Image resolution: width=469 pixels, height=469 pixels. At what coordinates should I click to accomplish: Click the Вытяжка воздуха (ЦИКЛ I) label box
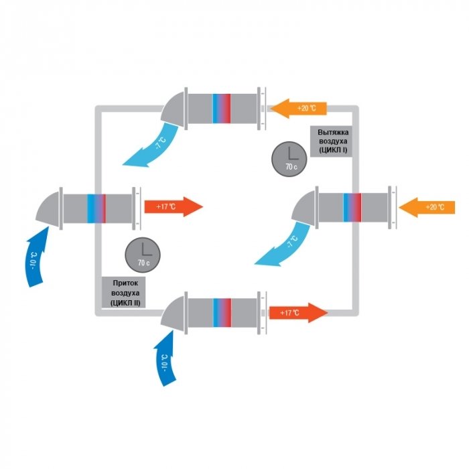click(331, 141)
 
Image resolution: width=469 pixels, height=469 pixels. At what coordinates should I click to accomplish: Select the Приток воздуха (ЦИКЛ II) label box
click(124, 292)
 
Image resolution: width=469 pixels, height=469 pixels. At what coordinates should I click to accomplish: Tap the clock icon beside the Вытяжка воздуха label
click(289, 159)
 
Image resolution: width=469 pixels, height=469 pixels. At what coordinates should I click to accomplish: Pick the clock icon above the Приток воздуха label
click(143, 255)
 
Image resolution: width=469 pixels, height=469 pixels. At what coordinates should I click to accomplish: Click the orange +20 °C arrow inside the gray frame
click(299, 109)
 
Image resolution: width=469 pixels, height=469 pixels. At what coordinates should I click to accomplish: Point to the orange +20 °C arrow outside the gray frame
click(427, 207)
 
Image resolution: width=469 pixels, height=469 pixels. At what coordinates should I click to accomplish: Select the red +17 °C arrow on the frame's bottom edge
click(299, 313)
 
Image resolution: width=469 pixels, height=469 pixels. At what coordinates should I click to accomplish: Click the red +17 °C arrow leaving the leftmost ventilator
click(174, 206)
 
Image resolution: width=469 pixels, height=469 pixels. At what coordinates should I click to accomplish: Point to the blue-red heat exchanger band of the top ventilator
click(222, 109)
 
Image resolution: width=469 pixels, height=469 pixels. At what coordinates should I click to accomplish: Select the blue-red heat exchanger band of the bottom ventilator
click(222, 313)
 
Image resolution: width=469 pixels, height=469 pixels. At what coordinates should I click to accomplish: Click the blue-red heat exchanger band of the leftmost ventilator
click(96, 208)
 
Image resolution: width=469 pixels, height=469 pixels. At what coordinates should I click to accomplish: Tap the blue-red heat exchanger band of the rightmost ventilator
click(352, 208)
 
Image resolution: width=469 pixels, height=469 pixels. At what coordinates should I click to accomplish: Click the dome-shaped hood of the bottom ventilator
click(174, 313)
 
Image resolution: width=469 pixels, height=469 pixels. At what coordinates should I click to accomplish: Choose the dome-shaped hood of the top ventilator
click(174, 109)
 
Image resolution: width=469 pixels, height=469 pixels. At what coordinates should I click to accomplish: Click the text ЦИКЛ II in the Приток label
click(125, 303)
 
